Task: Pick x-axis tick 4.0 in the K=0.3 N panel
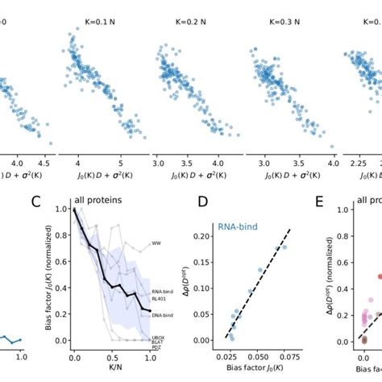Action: (312, 161)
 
